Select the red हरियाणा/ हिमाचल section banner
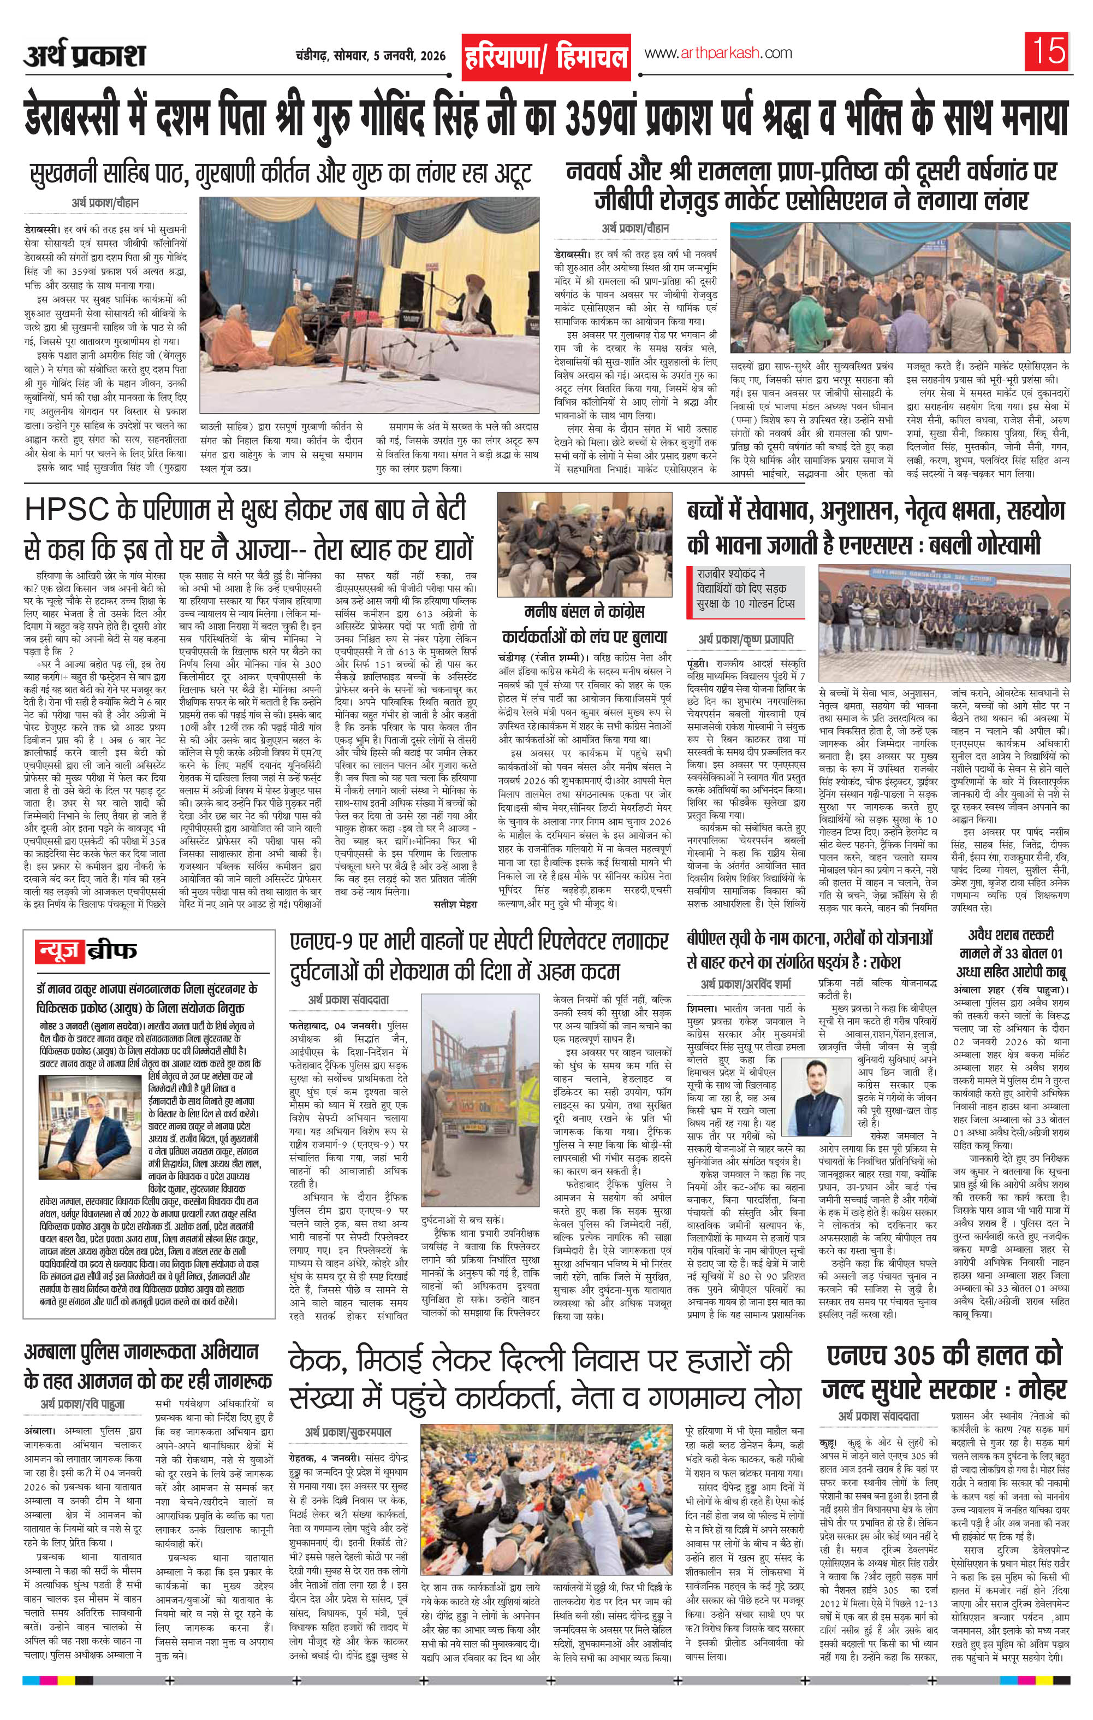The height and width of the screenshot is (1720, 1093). coord(546,56)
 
